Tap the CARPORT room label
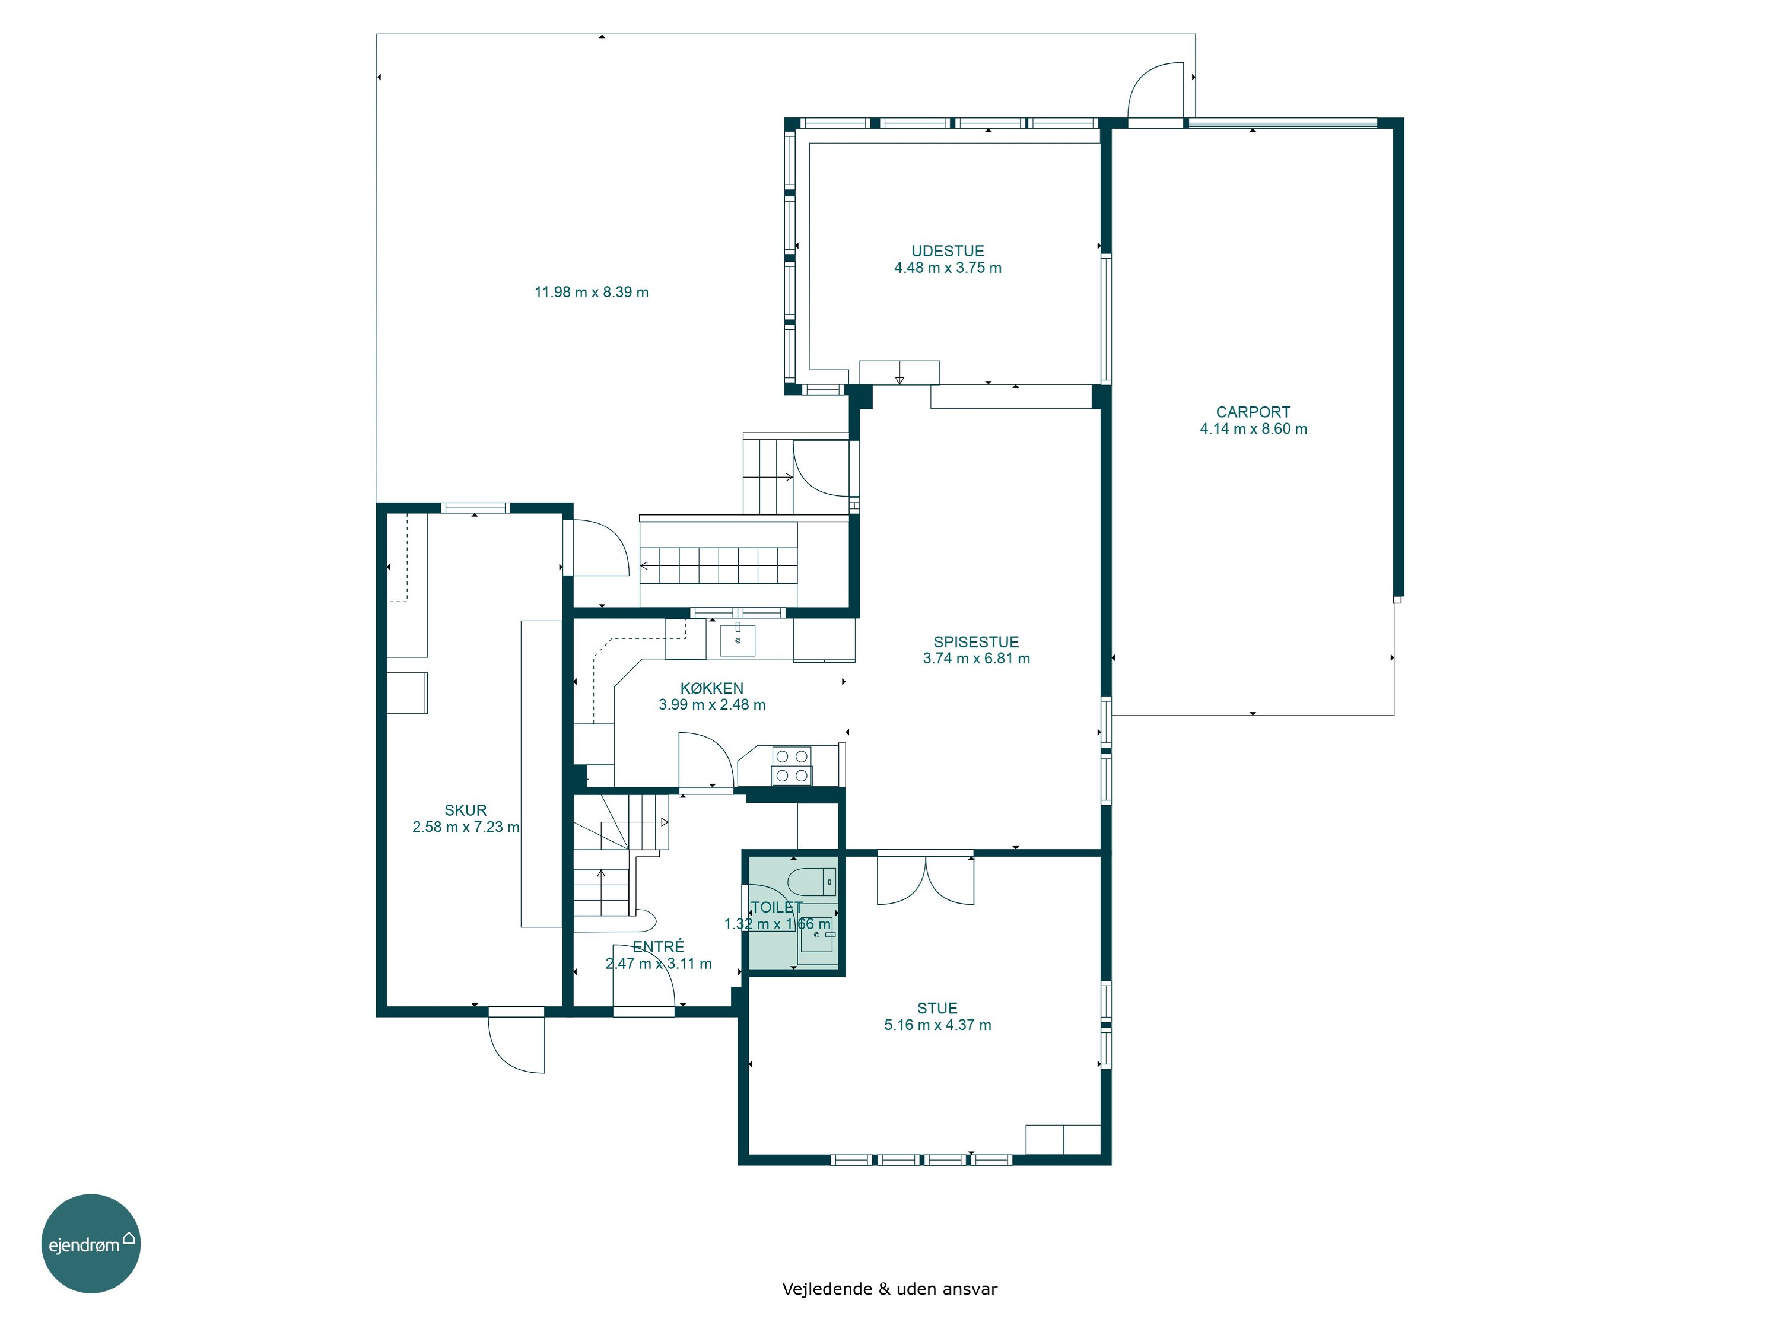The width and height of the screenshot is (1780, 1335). [1253, 412]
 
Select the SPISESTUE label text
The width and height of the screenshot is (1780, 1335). [976, 642]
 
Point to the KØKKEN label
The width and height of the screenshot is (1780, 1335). [711, 688]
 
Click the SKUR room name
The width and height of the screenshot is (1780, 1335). [465, 810]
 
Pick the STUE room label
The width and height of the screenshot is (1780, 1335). [937, 1008]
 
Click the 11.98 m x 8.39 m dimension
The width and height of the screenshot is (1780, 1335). [592, 292]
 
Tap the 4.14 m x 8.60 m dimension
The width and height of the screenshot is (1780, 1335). [1253, 429]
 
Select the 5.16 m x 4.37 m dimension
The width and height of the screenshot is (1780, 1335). [937, 1025]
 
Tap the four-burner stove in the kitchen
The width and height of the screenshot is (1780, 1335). [792, 766]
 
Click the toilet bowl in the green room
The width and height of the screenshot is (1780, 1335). [811, 882]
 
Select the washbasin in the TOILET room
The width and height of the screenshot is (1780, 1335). [816, 935]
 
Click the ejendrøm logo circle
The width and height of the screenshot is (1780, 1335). [91, 1243]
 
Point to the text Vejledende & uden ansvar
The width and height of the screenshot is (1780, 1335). [889, 1288]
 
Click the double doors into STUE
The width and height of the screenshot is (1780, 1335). [926, 879]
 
